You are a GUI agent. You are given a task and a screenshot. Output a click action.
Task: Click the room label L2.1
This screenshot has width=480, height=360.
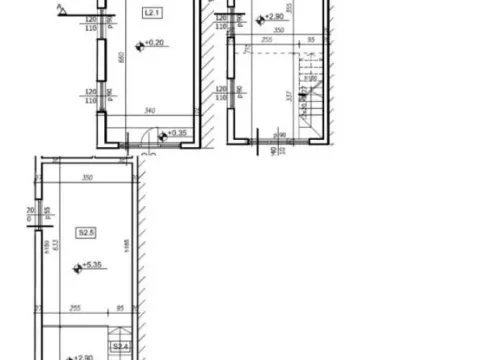click(151, 14)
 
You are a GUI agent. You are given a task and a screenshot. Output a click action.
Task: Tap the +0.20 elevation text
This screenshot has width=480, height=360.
click(156, 44)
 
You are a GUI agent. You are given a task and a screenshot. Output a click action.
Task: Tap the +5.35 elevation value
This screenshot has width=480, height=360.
click(93, 267)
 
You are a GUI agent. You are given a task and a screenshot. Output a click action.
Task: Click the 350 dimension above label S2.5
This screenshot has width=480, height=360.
click(88, 178)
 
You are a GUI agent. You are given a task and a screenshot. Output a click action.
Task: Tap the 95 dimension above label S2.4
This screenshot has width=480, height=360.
click(120, 309)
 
